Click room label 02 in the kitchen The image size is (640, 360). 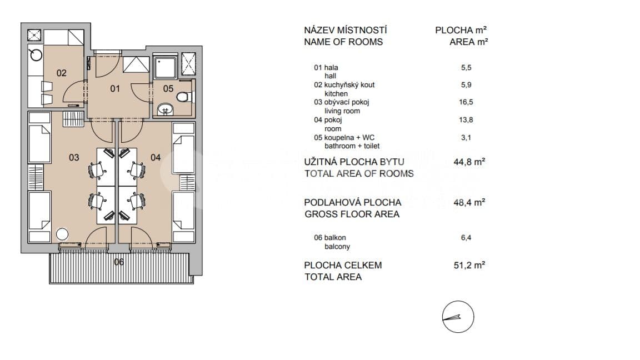[x=61, y=73]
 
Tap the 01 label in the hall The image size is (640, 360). [x=114, y=88]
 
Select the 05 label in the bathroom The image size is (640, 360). [x=168, y=88]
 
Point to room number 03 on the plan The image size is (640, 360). [x=74, y=157]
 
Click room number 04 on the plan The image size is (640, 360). [x=156, y=157]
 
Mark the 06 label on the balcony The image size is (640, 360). [x=118, y=262]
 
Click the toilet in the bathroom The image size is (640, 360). [x=184, y=97]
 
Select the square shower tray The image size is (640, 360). [x=165, y=67]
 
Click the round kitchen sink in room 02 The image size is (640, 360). [x=36, y=54]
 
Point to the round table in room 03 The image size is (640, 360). [x=62, y=234]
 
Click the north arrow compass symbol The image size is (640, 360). [x=457, y=318]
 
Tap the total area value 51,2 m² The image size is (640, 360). [x=469, y=265]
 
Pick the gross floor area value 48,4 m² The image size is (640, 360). [x=469, y=203]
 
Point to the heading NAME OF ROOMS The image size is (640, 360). [x=343, y=42]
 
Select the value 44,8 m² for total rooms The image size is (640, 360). [x=469, y=162]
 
